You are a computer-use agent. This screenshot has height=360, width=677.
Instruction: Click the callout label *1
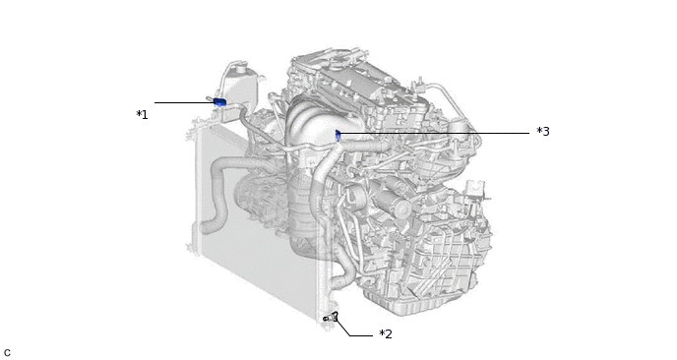coord(142,115)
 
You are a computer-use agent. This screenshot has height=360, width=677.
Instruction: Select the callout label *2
coord(386,334)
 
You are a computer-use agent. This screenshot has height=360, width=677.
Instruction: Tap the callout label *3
coord(543,131)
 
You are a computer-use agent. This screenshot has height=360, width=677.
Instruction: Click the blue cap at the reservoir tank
coord(219,102)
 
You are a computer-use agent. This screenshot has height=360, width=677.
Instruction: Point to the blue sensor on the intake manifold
coord(338,136)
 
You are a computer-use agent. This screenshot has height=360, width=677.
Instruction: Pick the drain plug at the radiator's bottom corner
coord(332,318)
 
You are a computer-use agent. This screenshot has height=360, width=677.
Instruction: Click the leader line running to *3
coord(435,134)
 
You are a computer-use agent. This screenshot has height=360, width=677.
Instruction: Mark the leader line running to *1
coord(184,102)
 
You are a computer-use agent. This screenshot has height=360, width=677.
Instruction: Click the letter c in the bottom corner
coord(7,353)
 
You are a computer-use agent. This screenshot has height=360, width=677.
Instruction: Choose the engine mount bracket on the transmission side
coord(476,192)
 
